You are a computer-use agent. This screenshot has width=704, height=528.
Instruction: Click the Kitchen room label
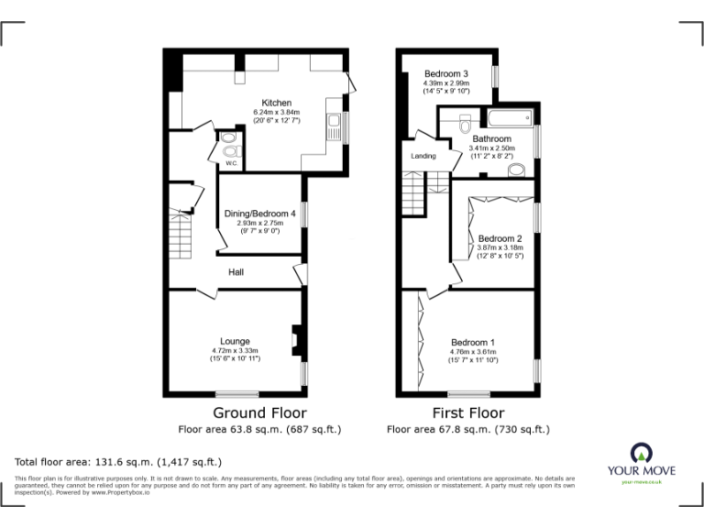pos(276,102)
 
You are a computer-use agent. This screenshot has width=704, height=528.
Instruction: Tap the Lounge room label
pos(234,341)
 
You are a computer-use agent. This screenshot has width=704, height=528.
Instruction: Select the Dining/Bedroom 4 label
pos(259,214)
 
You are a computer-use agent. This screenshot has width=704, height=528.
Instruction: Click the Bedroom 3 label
pos(445,73)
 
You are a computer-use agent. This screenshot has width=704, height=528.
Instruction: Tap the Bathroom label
pos(491,138)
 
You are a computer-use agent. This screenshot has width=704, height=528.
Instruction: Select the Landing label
pos(423,156)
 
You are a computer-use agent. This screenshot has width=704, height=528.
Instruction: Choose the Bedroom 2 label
pos(500,235)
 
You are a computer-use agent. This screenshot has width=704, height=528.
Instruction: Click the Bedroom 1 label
pos(472,341)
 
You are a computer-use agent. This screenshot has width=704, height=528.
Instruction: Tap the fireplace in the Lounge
pos(296,339)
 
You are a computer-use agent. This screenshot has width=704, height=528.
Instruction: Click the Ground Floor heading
pos(259,413)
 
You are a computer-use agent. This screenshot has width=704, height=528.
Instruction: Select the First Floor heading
pos(467,413)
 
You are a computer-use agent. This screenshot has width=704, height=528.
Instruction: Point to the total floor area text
pos(118,461)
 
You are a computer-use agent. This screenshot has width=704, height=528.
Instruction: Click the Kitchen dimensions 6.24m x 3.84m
pos(277,112)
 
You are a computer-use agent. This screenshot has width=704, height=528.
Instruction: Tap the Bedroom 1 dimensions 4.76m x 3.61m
pos(472,351)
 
